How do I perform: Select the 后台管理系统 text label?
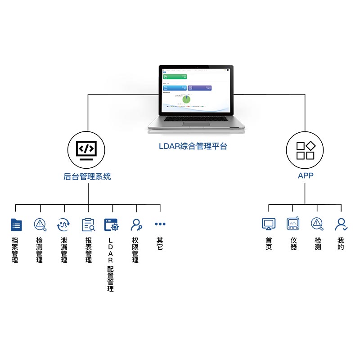point(87,176)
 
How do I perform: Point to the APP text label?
point(306,175)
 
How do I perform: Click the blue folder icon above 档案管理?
point(16,224)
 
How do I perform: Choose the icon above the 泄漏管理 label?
point(64,224)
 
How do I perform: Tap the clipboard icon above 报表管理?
point(88,224)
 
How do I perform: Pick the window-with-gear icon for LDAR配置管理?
point(111,224)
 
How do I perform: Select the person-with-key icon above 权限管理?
point(136,224)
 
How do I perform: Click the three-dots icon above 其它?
point(160,224)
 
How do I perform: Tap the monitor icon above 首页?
point(269,224)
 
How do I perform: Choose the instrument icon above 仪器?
point(293,224)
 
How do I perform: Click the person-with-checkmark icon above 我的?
point(341,224)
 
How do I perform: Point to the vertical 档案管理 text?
point(15,251)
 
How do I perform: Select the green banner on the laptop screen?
point(175,76)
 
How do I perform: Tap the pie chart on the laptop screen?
point(186,99)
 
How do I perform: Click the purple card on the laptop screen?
point(199,88)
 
